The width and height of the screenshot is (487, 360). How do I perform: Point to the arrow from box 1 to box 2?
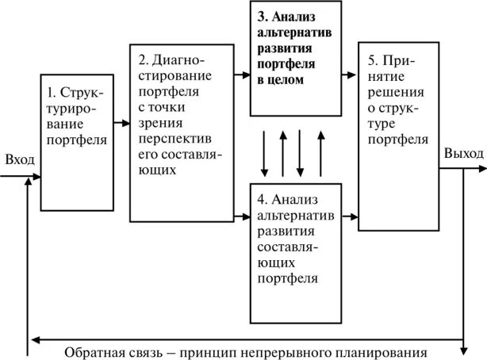pyautogui.click(x=121, y=123)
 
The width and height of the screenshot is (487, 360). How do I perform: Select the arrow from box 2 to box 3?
pyautogui.click(x=241, y=75)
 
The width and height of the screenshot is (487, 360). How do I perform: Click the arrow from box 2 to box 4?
pyautogui.click(x=241, y=215)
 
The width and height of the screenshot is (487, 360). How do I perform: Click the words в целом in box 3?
pyautogui.click(x=281, y=80)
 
